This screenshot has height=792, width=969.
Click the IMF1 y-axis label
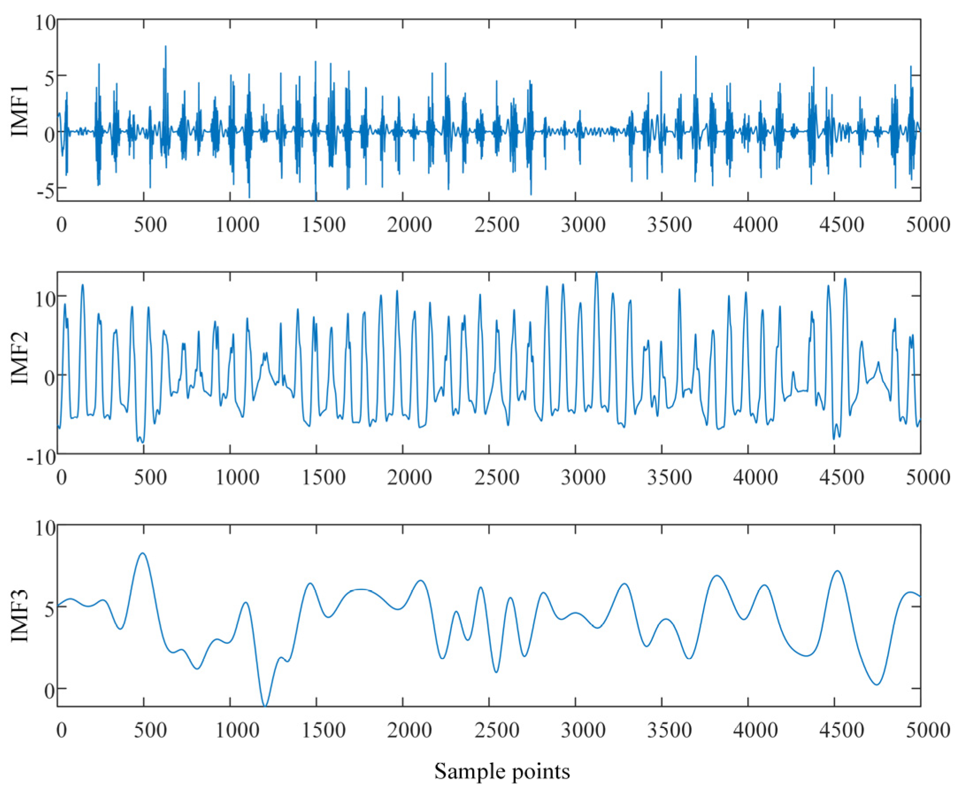[20, 111]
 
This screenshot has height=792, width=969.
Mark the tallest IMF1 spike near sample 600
[165, 46]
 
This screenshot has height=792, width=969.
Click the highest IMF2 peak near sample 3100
[597, 273]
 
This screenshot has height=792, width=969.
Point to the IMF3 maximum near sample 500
[143, 554]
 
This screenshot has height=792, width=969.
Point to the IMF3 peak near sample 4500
[837, 571]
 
